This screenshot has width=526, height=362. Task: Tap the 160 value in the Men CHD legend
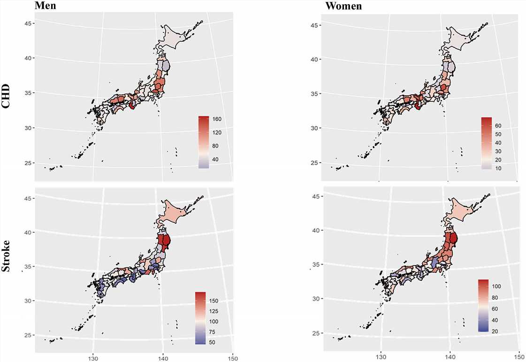coord(218,120)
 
